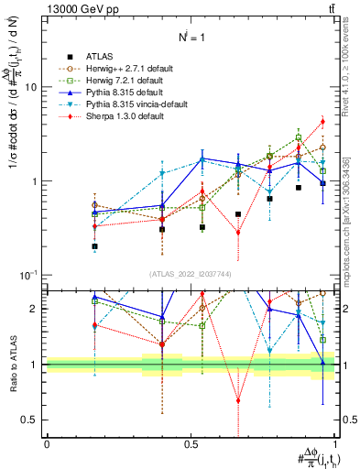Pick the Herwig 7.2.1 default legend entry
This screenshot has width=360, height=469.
click(x=125, y=81)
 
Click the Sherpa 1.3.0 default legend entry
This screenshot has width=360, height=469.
click(x=124, y=116)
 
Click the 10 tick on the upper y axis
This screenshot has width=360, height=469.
click(x=29, y=87)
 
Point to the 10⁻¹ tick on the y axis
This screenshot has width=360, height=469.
click(x=27, y=276)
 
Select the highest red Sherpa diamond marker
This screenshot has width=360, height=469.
click(x=322, y=121)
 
